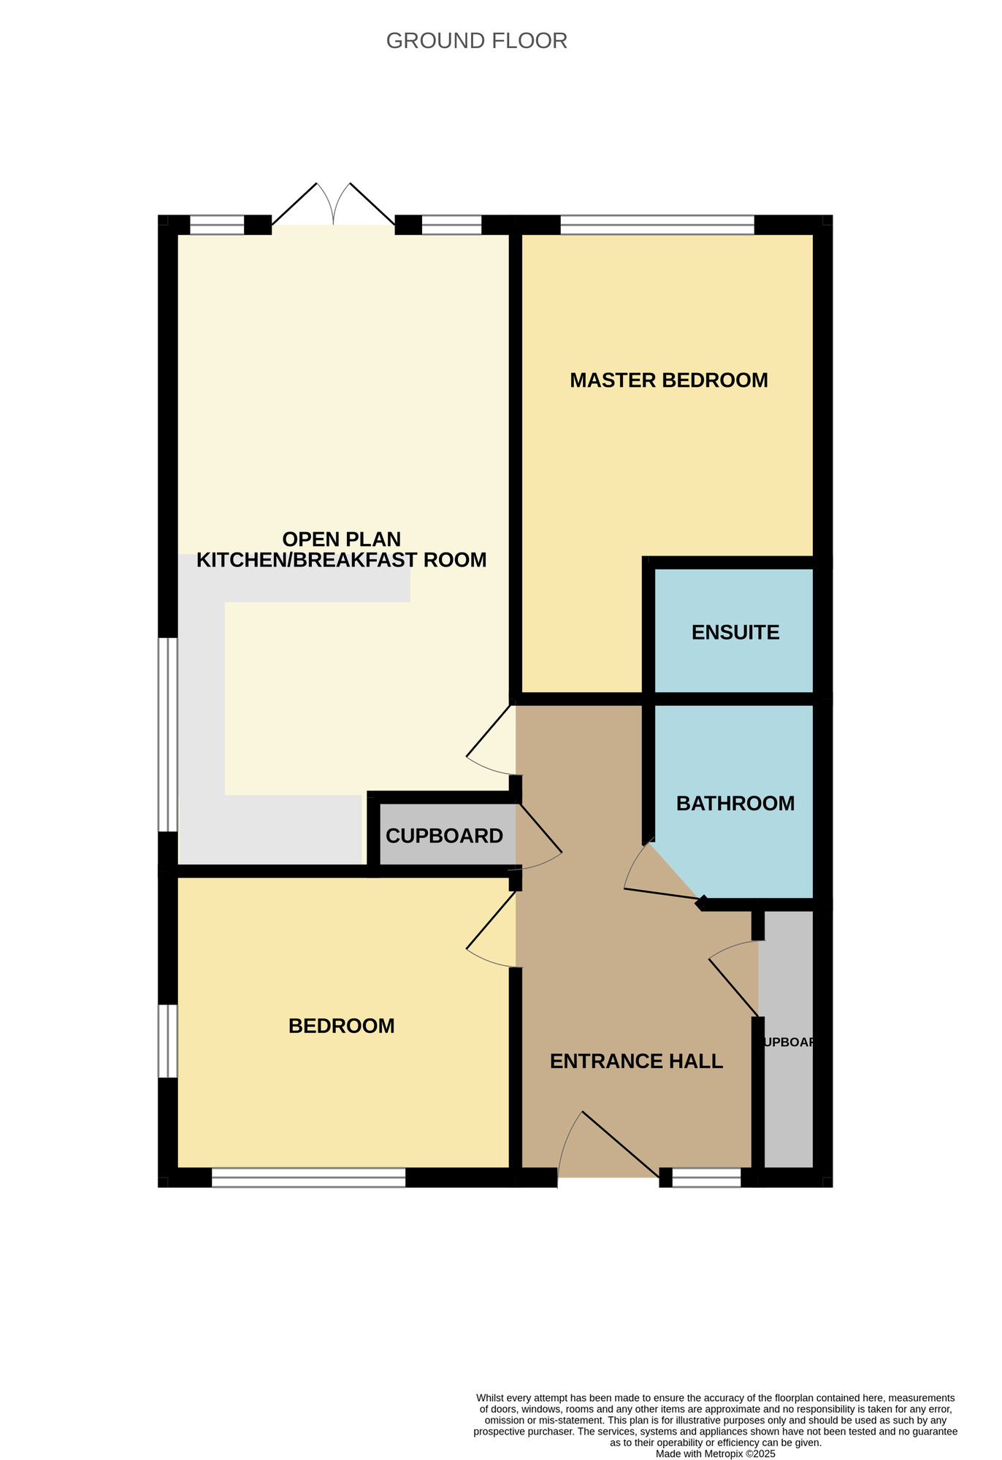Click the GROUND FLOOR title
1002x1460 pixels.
tap(476, 41)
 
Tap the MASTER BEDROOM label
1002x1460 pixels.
tap(668, 380)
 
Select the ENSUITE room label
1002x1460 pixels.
tap(735, 632)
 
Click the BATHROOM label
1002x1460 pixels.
tap(735, 804)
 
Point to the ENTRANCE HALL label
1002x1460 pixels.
tap(636, 1061)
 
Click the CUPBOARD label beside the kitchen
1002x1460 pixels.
tap(444, 836)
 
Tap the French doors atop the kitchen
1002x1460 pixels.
tap(334, 204)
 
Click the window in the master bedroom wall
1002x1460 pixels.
tap(657, 225)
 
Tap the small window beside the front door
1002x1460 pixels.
tap(706, 1177)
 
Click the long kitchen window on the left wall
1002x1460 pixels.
tap(168, 735)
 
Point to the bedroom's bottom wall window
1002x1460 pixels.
tap(308, 1177)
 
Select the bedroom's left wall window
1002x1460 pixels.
tap(168, 1041)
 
